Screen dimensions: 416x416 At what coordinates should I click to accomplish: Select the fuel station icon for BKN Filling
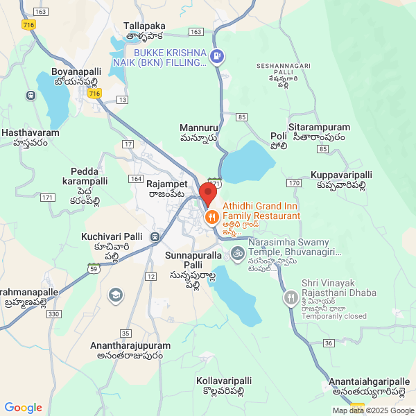[x=217, y=56]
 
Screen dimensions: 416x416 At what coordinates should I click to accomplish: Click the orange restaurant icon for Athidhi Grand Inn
[x=212, y=216]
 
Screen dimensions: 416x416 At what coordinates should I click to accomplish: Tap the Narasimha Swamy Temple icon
[x=237, y=252]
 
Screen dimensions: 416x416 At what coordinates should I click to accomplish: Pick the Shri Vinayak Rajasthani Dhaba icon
[x=291, y=298]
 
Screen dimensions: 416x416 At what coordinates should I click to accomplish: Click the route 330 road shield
[x=53, y=314]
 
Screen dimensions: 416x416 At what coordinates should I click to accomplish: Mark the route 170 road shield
[x=293, y=182]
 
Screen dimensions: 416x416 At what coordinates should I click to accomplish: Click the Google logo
[x=23, y=408]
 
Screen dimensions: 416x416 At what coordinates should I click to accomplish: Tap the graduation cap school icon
[x=116, y=297]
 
